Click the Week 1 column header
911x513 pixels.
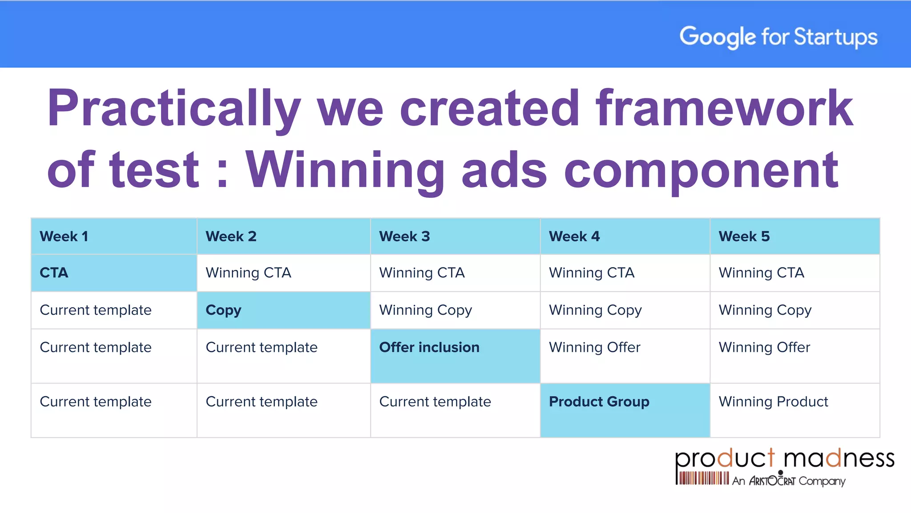tap(64, 236)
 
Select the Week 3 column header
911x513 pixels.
tap(404, 236)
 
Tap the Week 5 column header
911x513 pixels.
tap(744, 236)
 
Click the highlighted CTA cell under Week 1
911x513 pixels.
tap(54, 273)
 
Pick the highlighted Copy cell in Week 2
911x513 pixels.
tap(223, 310)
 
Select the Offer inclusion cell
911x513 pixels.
tap(429, 347)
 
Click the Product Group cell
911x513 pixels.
tap(599, 402)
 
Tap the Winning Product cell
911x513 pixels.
tap(773, 402)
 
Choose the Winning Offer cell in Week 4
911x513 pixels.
tap(594, 347)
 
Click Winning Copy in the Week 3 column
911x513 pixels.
tap(425, 310)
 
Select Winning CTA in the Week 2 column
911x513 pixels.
tap(248, 273)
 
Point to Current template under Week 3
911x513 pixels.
tap(435, 402)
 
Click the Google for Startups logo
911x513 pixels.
tap(778, 37)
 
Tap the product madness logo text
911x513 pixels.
tap(784, 459)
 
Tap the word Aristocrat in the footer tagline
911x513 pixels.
tap(772, 481)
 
